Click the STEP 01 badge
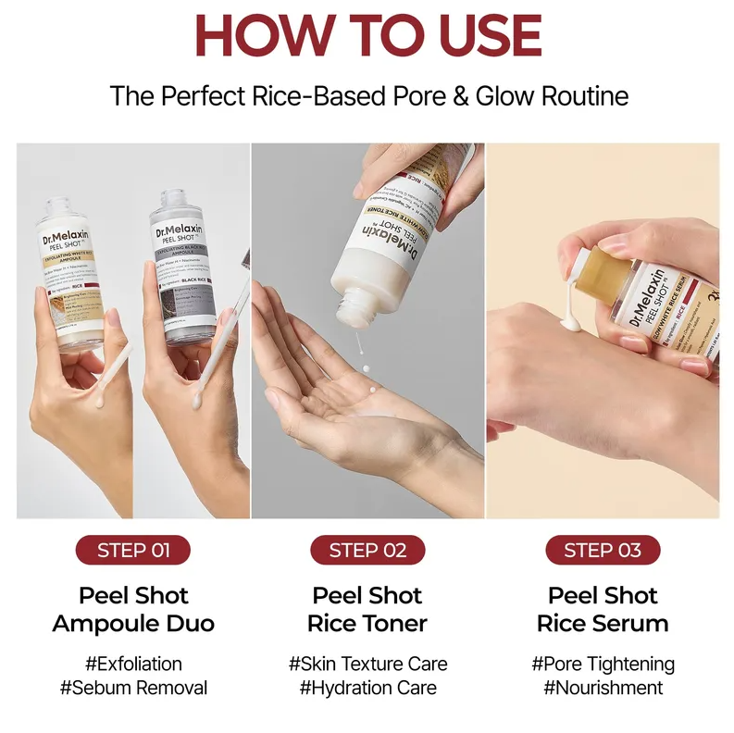[133, 550]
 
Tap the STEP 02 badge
[367, 550]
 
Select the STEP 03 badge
[603, 550]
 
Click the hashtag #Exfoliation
[133, 664]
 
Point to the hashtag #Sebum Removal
[133, 688]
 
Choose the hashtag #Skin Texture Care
[367, 664]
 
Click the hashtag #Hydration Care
[367, 688]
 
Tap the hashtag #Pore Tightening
[603, 664]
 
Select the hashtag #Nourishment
[603, 688]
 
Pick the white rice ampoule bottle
[70, 278]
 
